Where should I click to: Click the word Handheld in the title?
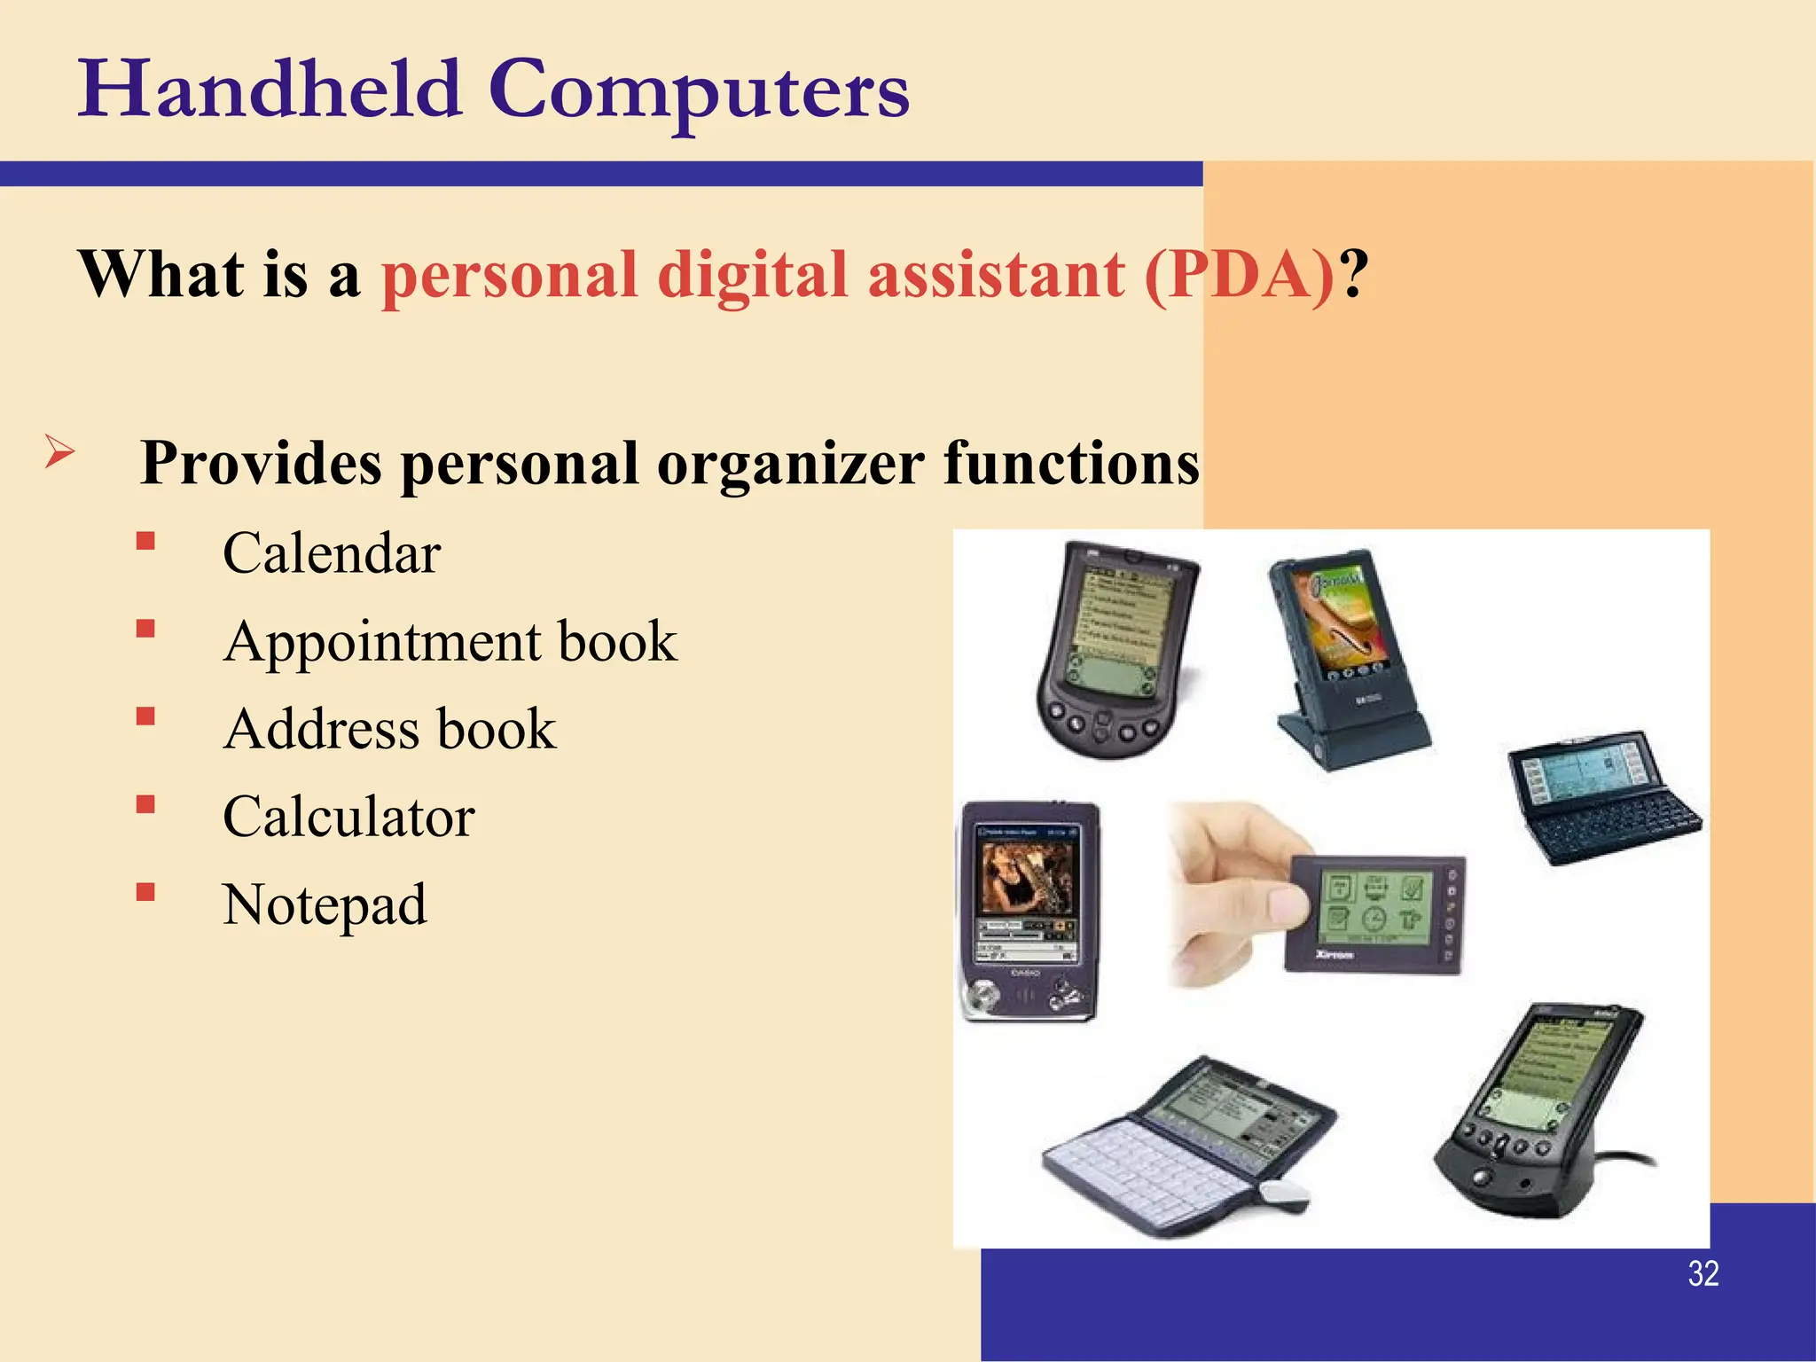pos(270,90)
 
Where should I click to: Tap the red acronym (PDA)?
pos(1240,275)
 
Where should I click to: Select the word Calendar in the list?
pos(332,554)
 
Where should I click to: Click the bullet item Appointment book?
pos(450,642)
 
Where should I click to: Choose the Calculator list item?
pos(348,818)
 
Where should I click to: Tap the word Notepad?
pos(325,905)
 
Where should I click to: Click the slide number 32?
pos(1703,1274)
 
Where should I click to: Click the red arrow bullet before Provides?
pos(59,453)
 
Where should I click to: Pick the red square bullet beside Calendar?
pos(146,541)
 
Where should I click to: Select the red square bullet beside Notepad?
pos(146,892)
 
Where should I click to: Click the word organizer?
pos(791,464)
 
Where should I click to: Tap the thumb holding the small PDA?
pos(1278,905)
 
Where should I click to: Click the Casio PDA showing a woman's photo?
pos(1029,909)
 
